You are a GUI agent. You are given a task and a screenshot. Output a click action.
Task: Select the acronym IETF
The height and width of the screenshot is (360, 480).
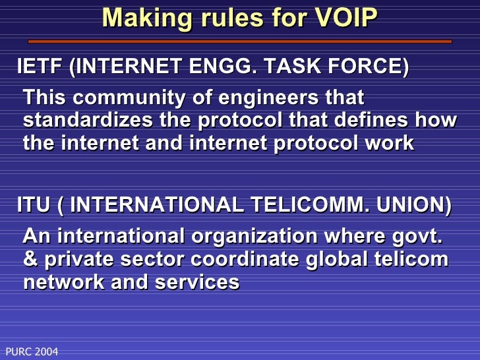click(40, 67)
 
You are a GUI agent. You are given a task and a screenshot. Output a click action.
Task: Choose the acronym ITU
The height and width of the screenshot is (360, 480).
click(33, 205)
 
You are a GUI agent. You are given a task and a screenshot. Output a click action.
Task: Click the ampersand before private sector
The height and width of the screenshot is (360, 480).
click(30, 259)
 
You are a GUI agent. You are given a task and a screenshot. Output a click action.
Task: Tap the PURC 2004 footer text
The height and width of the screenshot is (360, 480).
click(32, 352)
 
